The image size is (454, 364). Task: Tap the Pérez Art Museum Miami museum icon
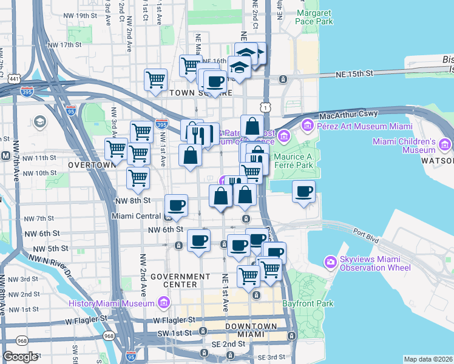(308, 126)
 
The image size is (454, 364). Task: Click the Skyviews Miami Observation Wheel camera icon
(331, 261)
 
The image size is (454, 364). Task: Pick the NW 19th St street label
(80, 15)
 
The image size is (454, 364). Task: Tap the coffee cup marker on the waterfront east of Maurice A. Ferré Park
(303, 192)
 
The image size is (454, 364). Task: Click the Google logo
(20, 357)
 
